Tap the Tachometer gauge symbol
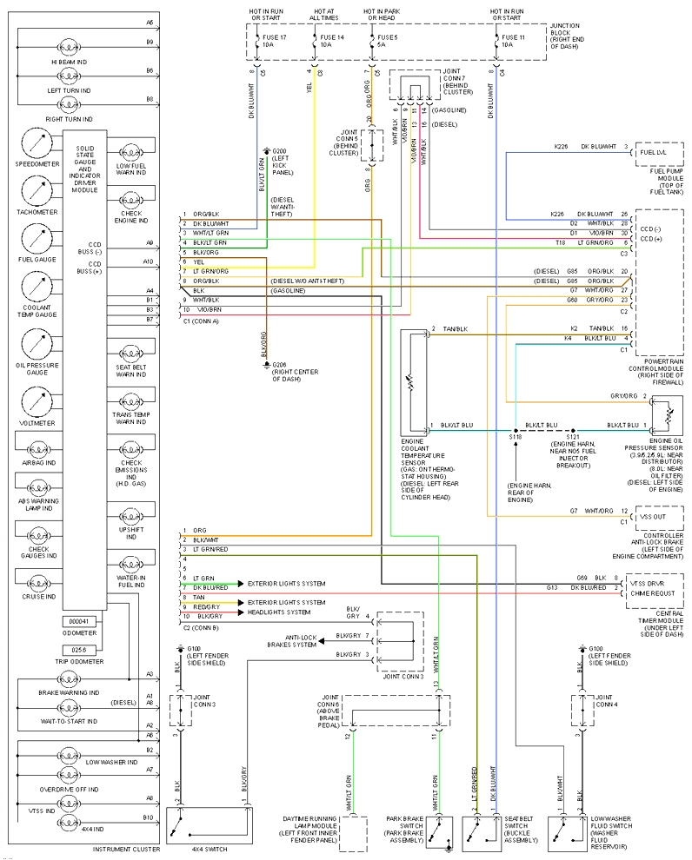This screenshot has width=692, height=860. [36, 191]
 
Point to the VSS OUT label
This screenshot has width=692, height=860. [655, 515]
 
